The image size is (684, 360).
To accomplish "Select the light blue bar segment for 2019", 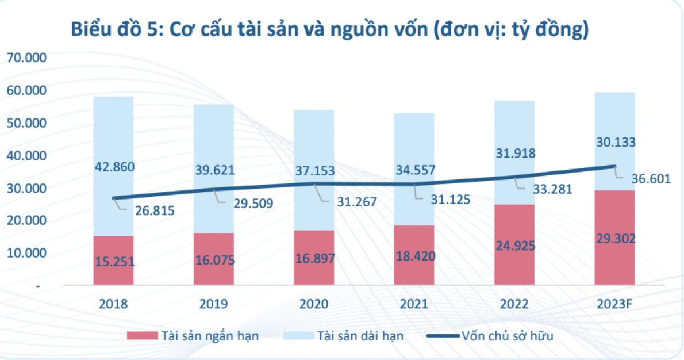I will tap(213, 138).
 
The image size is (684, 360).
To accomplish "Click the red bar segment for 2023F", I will tap(614, 265).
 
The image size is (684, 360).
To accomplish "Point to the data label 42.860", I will tap(113, 167).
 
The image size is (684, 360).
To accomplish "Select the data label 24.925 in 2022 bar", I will tap(514, 246).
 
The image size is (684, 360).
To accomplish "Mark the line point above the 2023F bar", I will tap(614, 167).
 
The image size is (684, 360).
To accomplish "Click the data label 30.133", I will tap(614, 142).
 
